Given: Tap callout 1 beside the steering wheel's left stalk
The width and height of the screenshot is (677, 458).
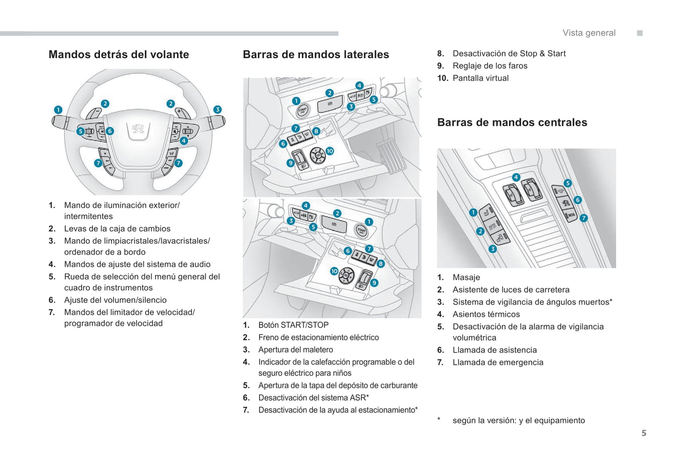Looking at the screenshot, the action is [x=58, y=110].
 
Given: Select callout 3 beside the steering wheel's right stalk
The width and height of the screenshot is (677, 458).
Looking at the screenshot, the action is [x=217, y=109].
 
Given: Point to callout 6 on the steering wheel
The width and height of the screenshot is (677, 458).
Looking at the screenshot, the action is [x=110, y=131].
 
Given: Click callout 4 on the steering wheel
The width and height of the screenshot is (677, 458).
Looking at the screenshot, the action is [x=184, y=141].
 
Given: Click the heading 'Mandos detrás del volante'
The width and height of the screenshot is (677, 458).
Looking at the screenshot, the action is [x=119, y=54].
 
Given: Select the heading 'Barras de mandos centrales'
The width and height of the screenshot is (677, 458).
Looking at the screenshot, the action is [x=512, y=122].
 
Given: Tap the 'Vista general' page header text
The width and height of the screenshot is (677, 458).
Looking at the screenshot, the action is [x=589, y=33].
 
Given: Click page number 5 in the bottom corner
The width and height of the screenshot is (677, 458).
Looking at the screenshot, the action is [x=644, y=433].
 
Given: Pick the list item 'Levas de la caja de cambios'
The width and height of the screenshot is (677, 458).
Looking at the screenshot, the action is [x=117, y=229].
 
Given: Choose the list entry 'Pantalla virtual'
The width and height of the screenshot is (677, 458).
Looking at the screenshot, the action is [x=481, y=78].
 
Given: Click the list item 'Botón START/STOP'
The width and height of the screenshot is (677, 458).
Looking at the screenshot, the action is [x=293, y=325].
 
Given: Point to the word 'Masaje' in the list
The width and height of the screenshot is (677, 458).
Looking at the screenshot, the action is [x=466, y=278].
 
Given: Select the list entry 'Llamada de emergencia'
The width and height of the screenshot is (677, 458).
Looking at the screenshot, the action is [x=498, y=362].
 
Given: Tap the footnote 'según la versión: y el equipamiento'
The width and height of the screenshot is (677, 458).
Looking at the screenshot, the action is [x=519, y=420].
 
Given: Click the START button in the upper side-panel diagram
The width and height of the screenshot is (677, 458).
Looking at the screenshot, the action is [x=303, y=111].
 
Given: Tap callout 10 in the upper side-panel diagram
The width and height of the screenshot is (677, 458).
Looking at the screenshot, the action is [x=329, y=151].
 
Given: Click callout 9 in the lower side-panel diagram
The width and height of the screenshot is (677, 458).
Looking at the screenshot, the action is [x=374, y=283].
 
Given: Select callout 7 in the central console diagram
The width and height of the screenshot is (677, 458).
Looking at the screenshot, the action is [x=583, y=218].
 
